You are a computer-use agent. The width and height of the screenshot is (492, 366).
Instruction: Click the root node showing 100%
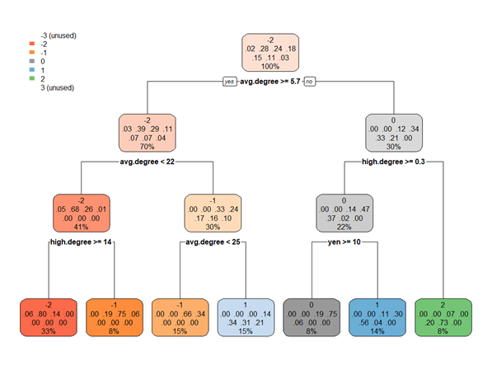coord(270,53)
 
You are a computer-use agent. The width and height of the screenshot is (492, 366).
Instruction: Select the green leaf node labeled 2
coord(443,317)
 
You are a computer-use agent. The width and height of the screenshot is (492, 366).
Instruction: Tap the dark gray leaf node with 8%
coord(312,317)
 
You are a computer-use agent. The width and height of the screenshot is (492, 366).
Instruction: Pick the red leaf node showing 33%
coord(49,317)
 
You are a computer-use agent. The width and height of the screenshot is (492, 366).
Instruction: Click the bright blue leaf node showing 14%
coord(377,317)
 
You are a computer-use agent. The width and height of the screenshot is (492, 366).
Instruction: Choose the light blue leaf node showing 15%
coord(246,317)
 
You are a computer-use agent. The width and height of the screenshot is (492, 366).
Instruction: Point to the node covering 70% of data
coord(148,133)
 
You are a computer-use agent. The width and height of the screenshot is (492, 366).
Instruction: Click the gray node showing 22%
coord(344,213)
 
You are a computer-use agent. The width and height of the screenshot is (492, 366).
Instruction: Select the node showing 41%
coord(82,213)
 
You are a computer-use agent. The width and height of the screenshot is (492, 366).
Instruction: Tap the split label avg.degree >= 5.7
coord(269,82)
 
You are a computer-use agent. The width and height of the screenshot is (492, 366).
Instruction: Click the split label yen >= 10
coord(344,242)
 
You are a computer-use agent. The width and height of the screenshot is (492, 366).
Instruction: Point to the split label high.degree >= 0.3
coord(393,162)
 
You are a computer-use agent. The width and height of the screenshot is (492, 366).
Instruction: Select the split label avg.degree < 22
coord(148,162)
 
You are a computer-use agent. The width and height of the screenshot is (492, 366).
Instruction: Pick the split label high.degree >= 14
coord(81,242)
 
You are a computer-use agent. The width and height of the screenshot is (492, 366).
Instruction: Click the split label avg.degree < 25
coord(213,242)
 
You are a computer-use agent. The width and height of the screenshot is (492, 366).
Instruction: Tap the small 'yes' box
coord(229,82)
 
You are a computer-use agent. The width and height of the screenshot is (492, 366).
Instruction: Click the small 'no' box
coord(309,82)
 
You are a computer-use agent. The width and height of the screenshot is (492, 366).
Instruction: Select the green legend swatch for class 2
coord(31,78)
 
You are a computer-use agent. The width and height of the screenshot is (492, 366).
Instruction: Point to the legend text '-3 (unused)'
coord(59,35)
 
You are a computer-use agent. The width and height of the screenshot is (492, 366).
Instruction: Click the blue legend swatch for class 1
coord(31,70)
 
